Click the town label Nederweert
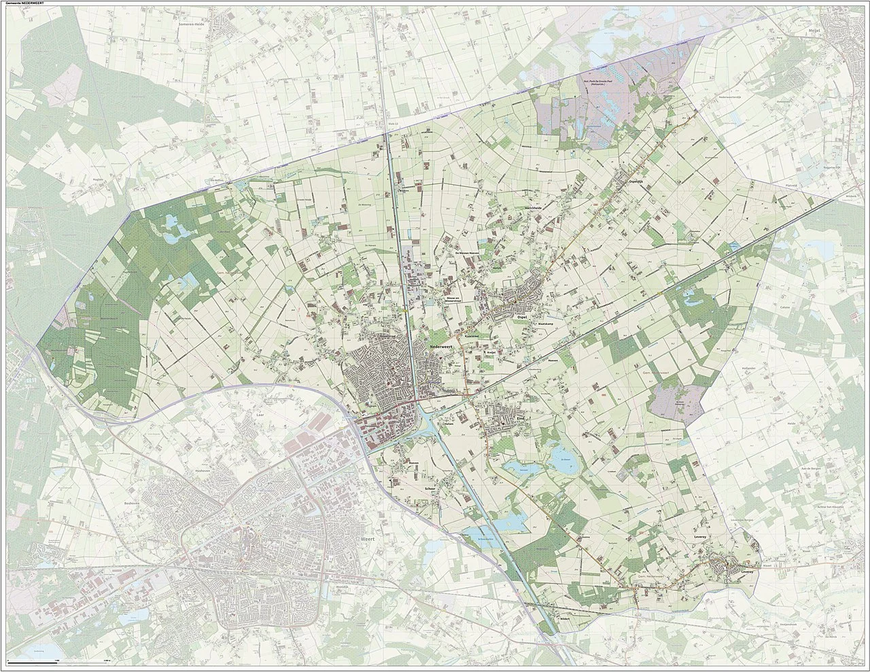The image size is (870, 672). tap(445, 347)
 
